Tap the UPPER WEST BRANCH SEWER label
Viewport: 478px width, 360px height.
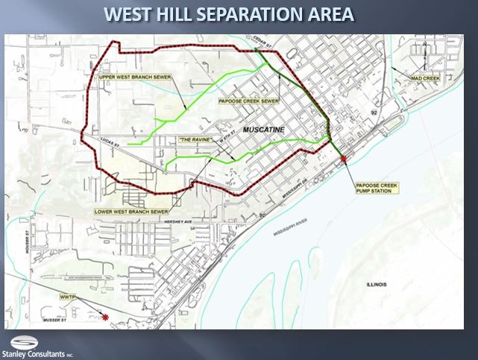(x=133, y=76)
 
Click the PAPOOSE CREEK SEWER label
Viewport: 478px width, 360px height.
(x=249, y=100)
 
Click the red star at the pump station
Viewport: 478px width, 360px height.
(x=344, y=159)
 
